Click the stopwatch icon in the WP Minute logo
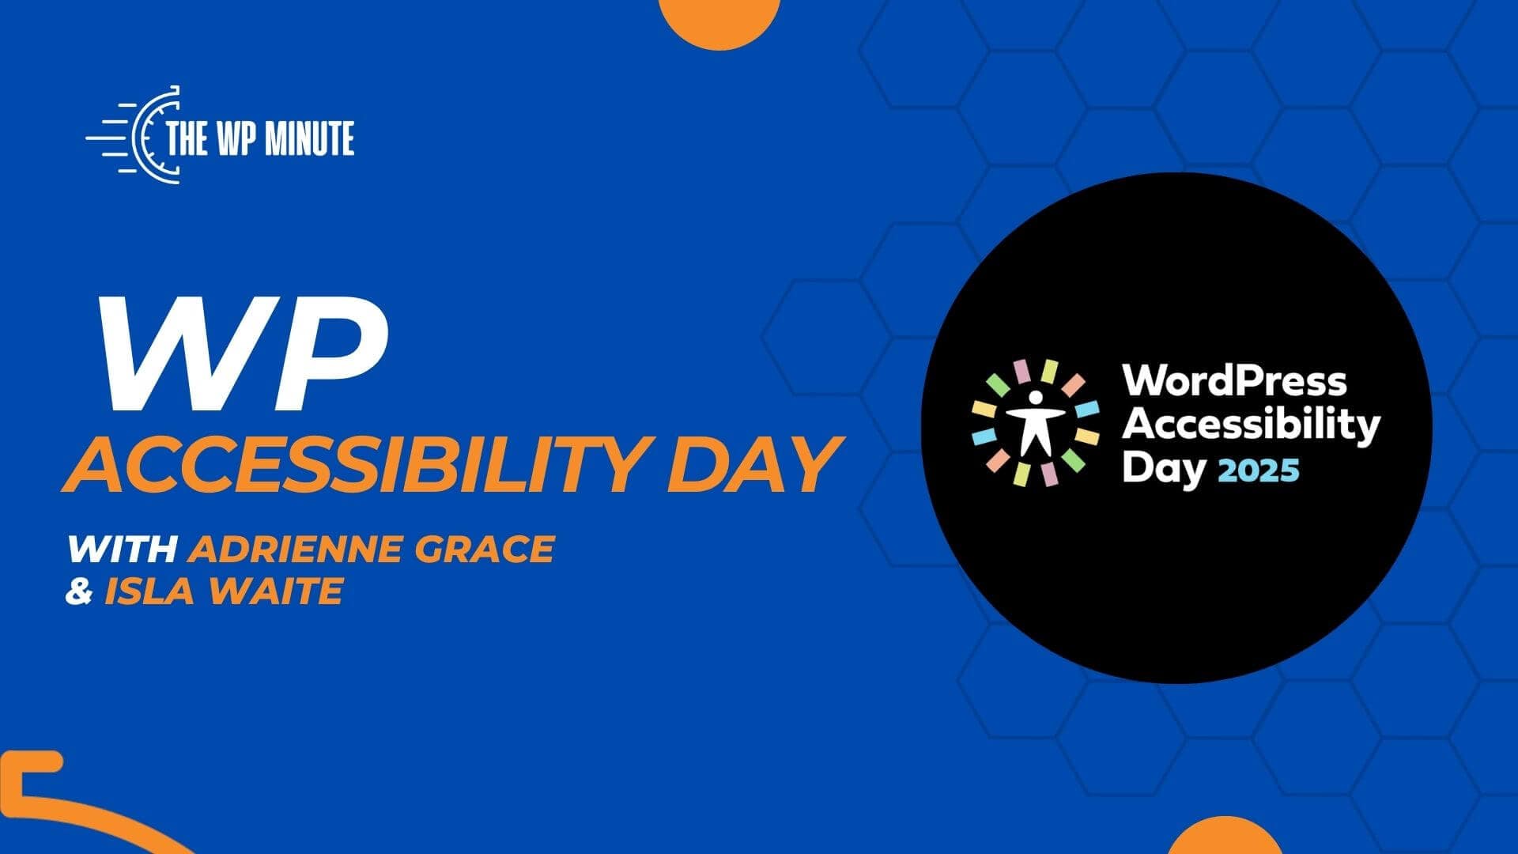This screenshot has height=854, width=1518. [x=147, y=134]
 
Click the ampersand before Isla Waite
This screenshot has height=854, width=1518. [x=79, y=591]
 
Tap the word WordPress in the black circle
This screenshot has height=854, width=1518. [x=1234, y=381]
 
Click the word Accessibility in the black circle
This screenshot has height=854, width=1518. [x=1251, y=425]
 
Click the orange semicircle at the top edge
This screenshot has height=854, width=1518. [x=719, y=22]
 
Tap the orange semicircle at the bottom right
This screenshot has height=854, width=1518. [x=1224, y=836]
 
